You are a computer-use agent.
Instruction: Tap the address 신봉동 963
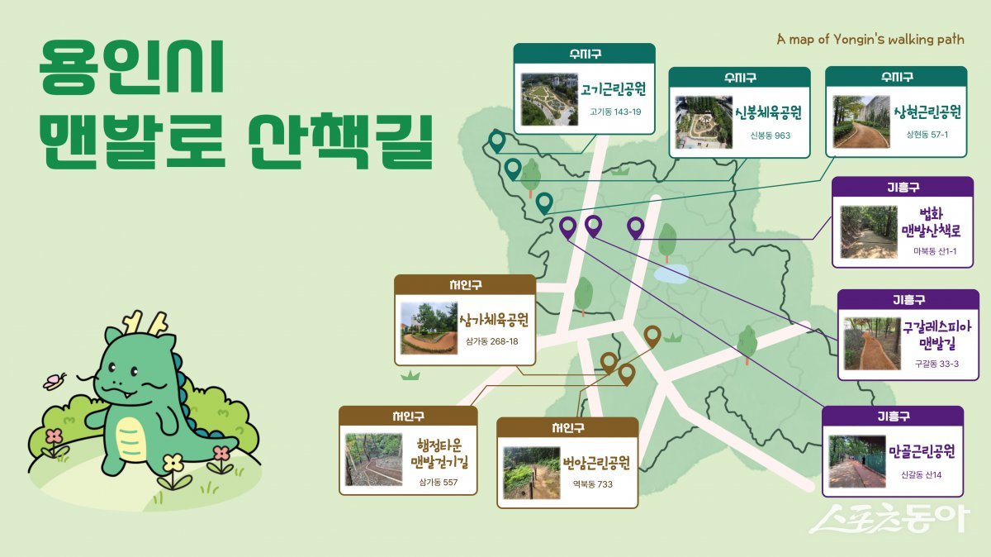point(770,135)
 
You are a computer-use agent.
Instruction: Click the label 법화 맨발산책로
point(930,222)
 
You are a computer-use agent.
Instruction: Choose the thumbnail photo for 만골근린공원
point(856,461)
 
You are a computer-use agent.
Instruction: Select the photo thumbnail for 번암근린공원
point(530,473)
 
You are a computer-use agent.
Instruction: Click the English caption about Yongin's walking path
point(870,40)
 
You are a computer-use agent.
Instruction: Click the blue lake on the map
point(670,273)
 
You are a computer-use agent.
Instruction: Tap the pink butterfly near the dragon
point(55,381)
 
